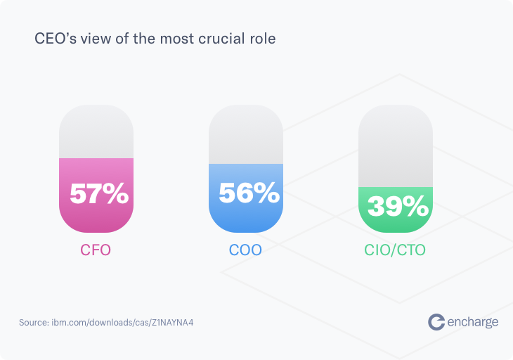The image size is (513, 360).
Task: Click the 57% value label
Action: click(99, 194)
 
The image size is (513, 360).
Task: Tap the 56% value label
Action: click(249, 193)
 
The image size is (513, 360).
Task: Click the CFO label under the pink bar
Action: click(96, 250)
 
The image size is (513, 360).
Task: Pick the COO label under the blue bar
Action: click(246, 250)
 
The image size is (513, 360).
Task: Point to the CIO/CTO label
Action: click(396, 250)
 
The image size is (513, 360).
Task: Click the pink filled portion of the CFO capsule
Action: click(96, 218)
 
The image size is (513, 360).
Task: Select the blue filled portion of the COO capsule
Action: click(246, 218)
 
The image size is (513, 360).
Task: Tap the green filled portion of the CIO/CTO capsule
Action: click(396, 224)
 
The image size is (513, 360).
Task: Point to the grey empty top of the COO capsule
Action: click(246, 134)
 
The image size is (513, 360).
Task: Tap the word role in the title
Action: click(261, 39)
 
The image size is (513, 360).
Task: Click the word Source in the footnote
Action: click(33, 322)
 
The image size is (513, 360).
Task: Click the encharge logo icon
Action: click(436, 321)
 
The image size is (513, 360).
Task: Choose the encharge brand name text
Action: click(474, 322)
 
